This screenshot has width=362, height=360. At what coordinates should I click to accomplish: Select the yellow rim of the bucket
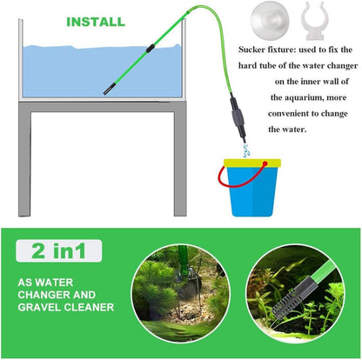(251, 163)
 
